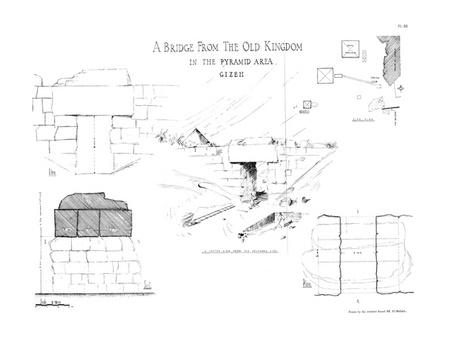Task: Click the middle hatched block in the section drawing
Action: pyautogui.click(x=89, y=224)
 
